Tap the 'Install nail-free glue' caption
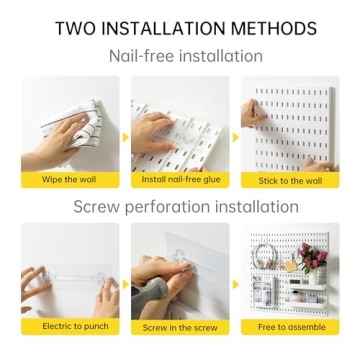point(180,180)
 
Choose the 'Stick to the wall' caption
point(290,180)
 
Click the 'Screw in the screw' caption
point(180,326)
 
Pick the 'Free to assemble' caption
point(290,326)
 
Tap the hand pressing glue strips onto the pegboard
point(155,130)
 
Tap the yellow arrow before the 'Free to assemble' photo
point(236,283)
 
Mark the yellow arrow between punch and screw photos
point(125,283)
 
